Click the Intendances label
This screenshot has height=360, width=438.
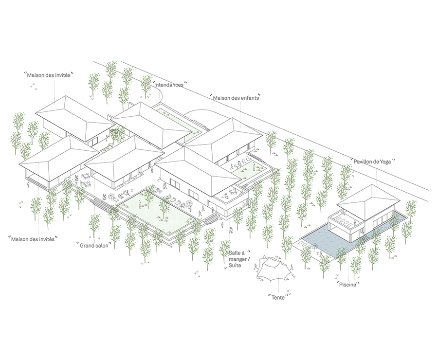(169, 85)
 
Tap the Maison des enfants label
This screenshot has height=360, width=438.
(236, 98)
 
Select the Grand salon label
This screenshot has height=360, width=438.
(94, 246)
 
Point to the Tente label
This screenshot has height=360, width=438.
(278, 297)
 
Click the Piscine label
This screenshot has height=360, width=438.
(348, 285)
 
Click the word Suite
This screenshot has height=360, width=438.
(236, 265)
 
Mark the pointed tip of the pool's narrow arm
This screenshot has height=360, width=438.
(403, 215)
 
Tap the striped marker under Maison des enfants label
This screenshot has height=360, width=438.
(240, 116)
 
